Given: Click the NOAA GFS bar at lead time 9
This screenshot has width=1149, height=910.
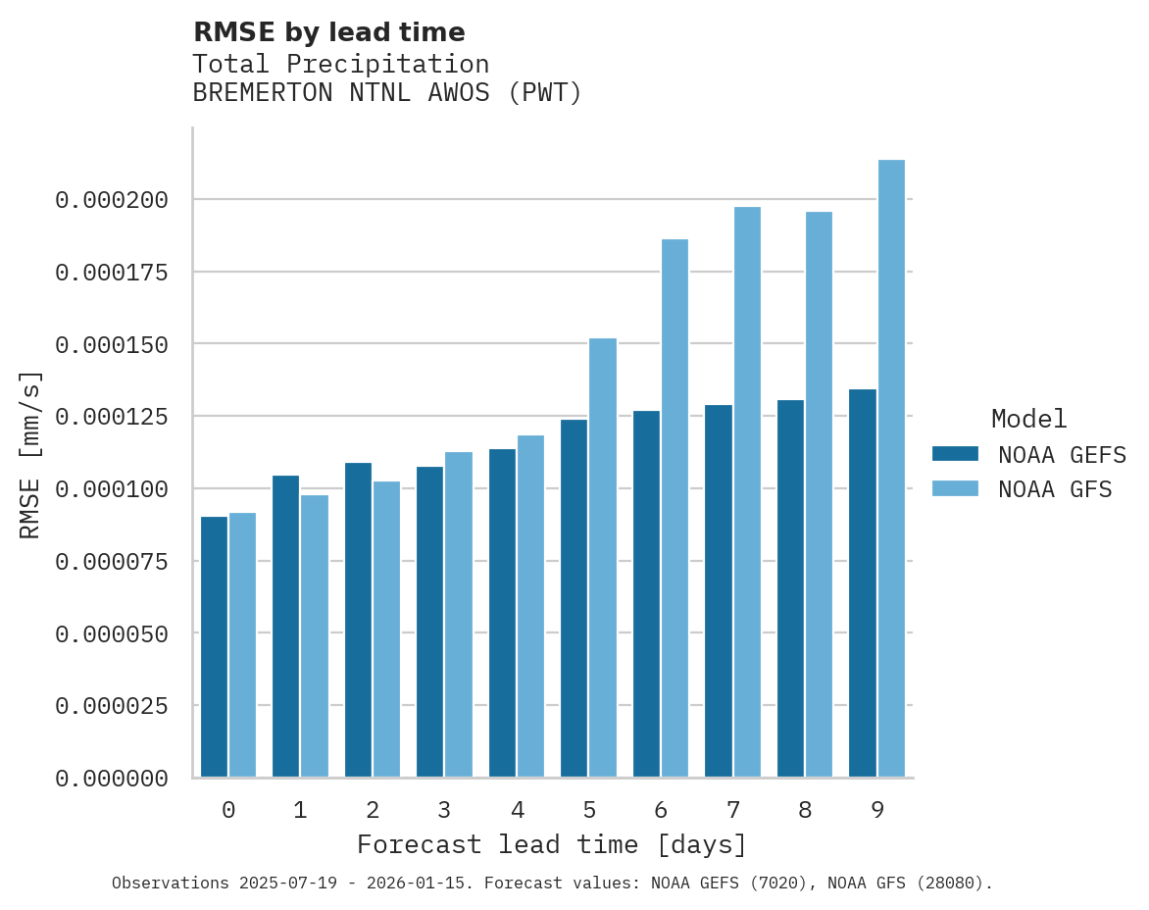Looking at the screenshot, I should pyautogui.click(x=891, y=469).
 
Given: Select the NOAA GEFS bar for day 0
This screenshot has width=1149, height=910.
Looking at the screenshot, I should pyautogui.click(x=214, y=647).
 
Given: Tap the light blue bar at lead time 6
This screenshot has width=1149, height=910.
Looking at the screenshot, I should pyautogui.click(x=674, y=508).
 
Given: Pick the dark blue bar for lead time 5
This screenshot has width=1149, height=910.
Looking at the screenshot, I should pyautogui.click(x=574, y=598).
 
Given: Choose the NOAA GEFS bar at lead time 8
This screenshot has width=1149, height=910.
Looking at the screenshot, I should pyautogui.click(x=790, y=588).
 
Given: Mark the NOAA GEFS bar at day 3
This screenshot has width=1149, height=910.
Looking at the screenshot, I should pyautogui.click(x=429, y=622).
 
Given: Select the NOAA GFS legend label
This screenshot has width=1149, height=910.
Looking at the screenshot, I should pyautogui.click(x=1055, y=489).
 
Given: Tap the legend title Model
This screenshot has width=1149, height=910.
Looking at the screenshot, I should pyautogui.click(x=1028, y=420).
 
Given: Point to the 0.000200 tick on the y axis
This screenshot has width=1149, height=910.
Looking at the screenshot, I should pyautogui.click(x=112, y=200).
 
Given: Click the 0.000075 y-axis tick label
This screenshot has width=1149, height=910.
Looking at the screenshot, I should pyautogui.click(x=112, y=561).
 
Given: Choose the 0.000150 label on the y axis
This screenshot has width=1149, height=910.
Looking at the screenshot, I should pyautogui.click(x=112, y=344).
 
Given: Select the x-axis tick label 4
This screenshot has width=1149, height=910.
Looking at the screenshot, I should pyautogui.click(x=517, y=810).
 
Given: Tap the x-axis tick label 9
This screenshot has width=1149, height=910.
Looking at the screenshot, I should pyautogui.click(x=876, y=810).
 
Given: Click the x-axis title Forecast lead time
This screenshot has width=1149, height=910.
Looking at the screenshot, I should pyautogui.click(x=552, y=844).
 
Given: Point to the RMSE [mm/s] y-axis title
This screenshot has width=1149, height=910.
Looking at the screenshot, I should pyautogui.click(x=30, y=455).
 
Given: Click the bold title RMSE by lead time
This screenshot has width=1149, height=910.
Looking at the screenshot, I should pyautogui.click(x=328, y=32).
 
